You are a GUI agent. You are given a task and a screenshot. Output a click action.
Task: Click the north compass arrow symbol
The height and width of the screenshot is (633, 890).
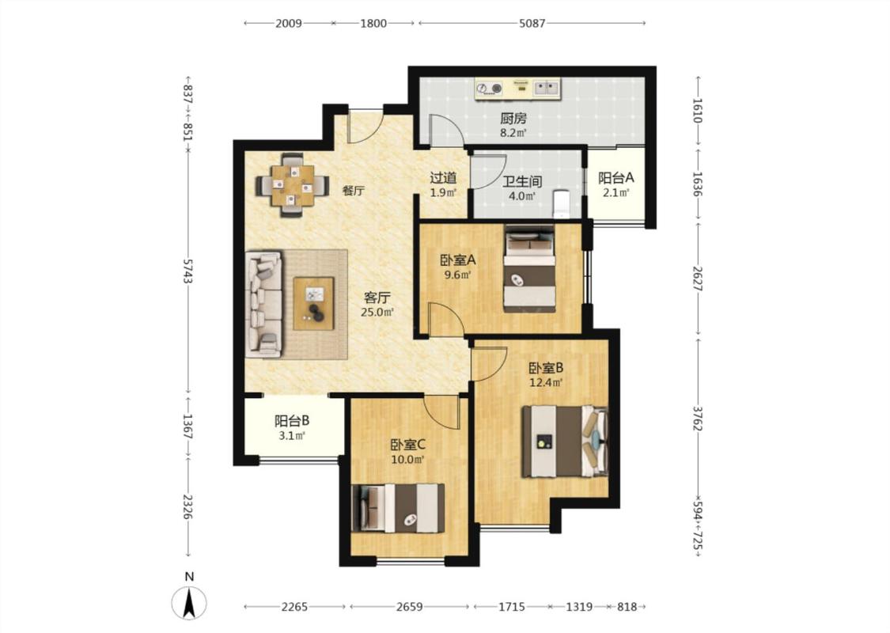point(190,602)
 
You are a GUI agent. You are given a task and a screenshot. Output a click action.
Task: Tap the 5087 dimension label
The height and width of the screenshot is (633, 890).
point(532,23)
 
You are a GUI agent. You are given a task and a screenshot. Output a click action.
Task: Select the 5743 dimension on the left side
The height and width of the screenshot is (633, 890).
point(188,271)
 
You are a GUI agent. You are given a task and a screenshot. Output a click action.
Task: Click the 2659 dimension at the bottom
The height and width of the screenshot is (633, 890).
point(409,607)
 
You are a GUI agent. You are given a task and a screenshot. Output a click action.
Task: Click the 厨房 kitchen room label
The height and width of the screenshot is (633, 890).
point(513,119)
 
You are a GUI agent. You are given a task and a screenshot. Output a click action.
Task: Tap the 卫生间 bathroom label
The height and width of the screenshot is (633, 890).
point(522,182)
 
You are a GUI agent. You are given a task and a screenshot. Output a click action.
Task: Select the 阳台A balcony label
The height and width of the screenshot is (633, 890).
point(615,178)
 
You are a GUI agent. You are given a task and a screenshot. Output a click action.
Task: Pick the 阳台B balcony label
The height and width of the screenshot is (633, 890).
point(292,421)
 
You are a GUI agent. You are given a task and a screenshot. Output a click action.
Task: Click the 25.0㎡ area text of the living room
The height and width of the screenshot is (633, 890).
point(377,312)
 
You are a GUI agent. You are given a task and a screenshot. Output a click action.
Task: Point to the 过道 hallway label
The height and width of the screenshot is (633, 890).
point(443,178)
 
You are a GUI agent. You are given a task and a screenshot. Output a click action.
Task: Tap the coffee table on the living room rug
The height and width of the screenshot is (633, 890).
point(313,303)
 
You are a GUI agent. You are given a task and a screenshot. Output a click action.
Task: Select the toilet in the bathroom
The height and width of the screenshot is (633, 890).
point(562,204)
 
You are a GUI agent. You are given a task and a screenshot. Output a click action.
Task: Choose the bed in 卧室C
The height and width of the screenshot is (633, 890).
point(398,507)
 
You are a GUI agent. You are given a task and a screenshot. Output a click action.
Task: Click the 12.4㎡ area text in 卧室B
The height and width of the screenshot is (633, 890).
point(545,383)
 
